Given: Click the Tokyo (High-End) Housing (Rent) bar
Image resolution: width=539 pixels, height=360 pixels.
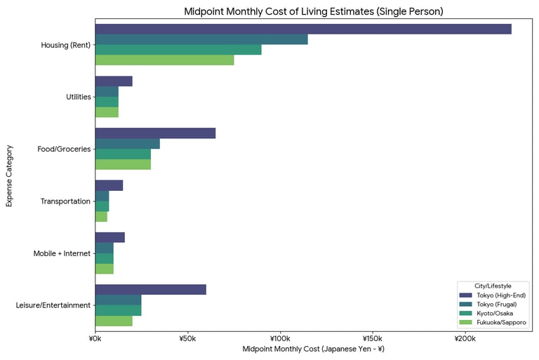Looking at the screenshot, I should [x=303, y=29].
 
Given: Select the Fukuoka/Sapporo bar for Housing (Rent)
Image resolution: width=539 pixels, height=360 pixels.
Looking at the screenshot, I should [x=164, y=60].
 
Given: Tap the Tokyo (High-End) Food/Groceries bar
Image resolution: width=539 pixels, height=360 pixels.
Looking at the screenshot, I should [x=155, y=133].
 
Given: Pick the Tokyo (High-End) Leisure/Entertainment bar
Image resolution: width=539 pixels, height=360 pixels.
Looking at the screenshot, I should [x=150, y=289].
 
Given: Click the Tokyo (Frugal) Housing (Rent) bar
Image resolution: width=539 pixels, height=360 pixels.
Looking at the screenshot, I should [x=201, y=39].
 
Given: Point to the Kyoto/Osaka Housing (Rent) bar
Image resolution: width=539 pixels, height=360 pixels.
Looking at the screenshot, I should [x=178, y=50].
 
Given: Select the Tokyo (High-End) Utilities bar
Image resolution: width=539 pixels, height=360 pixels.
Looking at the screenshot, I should [x=114, y=81].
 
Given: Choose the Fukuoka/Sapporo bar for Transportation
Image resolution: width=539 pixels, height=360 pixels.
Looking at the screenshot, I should [x=101, y=217].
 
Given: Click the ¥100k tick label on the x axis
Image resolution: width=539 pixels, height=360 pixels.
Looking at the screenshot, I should [x=279, y=338].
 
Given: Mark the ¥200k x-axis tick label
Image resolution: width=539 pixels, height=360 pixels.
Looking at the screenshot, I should [x=465, y=338].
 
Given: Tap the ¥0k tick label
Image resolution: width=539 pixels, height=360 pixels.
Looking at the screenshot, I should [x=95, y=338].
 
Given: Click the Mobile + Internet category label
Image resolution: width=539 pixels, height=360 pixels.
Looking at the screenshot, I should [x=62, y=253].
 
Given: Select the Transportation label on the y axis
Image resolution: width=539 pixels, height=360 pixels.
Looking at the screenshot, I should [x=66, y=201].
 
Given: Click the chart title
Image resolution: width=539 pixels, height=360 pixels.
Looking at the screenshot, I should [x=313, y=11].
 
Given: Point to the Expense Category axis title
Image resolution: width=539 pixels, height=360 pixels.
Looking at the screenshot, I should [x=10, y=175].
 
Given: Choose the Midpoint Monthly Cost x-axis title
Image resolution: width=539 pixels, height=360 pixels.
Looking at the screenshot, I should [x=313, y=349].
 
